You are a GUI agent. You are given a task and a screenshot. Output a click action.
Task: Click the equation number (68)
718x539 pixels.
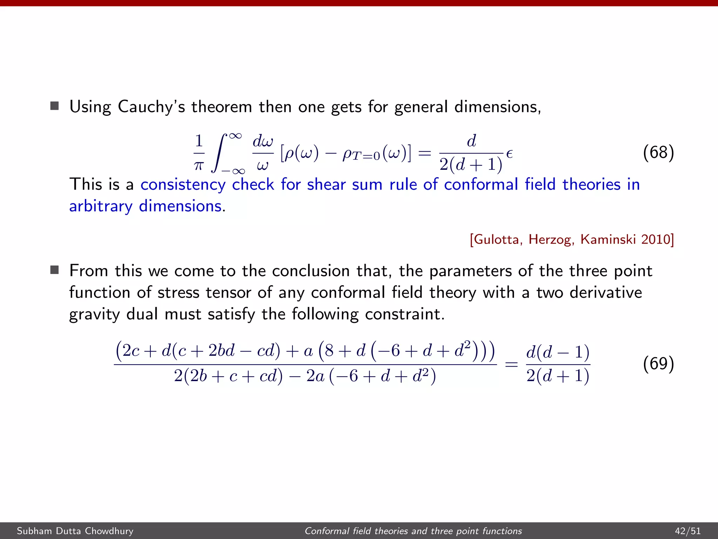pos(658,153)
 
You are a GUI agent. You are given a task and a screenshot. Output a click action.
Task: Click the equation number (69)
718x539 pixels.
pos(658,364)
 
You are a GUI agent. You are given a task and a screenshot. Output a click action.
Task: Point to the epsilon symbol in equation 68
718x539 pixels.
pos(509,154)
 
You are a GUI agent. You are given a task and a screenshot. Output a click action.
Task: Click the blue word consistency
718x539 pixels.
pos(183,185)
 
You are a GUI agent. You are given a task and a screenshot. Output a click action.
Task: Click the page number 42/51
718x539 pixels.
pos(687,531)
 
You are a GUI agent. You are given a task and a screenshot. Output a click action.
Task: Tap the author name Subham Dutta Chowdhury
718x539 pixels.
pos(75,531)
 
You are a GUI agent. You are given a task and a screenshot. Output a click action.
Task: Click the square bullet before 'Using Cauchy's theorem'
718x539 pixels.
pos(54,106)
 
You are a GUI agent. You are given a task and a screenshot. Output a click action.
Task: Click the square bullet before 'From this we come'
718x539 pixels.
pos(54,270)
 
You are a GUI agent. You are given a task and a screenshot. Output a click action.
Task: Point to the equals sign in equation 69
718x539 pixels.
pos(511,365)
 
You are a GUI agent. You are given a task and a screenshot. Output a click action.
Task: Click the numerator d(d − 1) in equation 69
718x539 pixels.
pos(558,352)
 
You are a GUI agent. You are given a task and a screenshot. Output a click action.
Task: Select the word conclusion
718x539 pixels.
pos(311,271)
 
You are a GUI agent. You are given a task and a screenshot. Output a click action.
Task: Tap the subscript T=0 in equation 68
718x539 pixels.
pos(366,155)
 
